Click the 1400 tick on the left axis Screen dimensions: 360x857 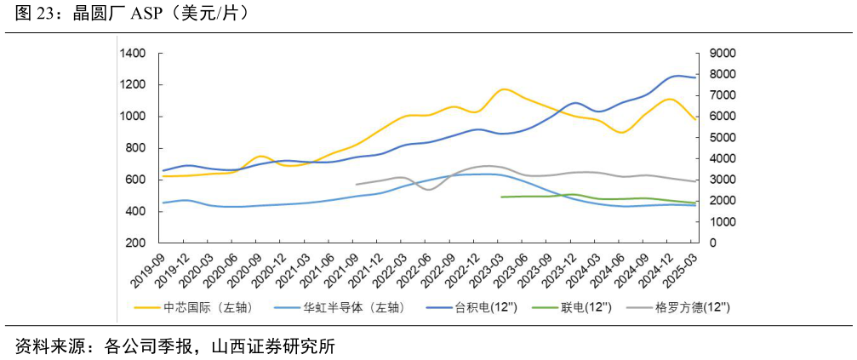134,54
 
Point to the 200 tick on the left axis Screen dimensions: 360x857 138,243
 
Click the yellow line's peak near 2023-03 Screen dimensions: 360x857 505,89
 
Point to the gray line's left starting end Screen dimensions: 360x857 357,184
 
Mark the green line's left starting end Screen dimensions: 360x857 502,197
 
